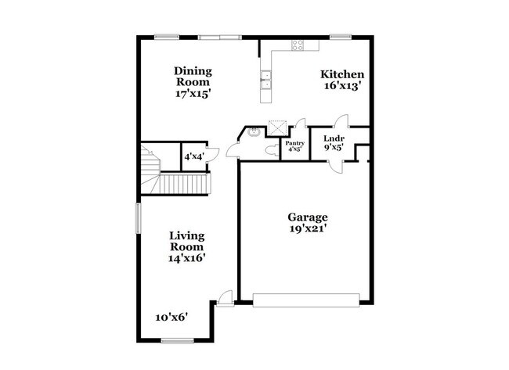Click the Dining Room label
pos(193,75)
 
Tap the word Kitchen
pos(342,75)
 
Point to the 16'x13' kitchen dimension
pos(342,87)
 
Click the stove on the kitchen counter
pos(298,45)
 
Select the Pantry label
pos(294,143)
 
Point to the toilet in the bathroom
pos(271,148)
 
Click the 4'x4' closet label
pos(193,156)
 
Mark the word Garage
pos(308,217)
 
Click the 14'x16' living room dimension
pos(188,257)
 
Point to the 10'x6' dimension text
pos(171,317)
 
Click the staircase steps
pos(184,185)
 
